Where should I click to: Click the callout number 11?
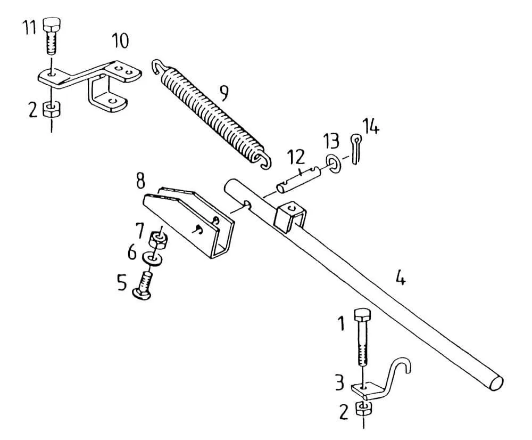29,27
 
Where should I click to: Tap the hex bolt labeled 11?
51,36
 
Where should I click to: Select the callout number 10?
120,41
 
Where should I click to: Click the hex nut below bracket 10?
51,109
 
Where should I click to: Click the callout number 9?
223,93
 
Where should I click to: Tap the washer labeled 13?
333,163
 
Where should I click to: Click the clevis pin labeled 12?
298,180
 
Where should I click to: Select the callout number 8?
140,181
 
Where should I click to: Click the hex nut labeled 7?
158,240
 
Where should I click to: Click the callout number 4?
401,278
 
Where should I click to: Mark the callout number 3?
340,382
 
